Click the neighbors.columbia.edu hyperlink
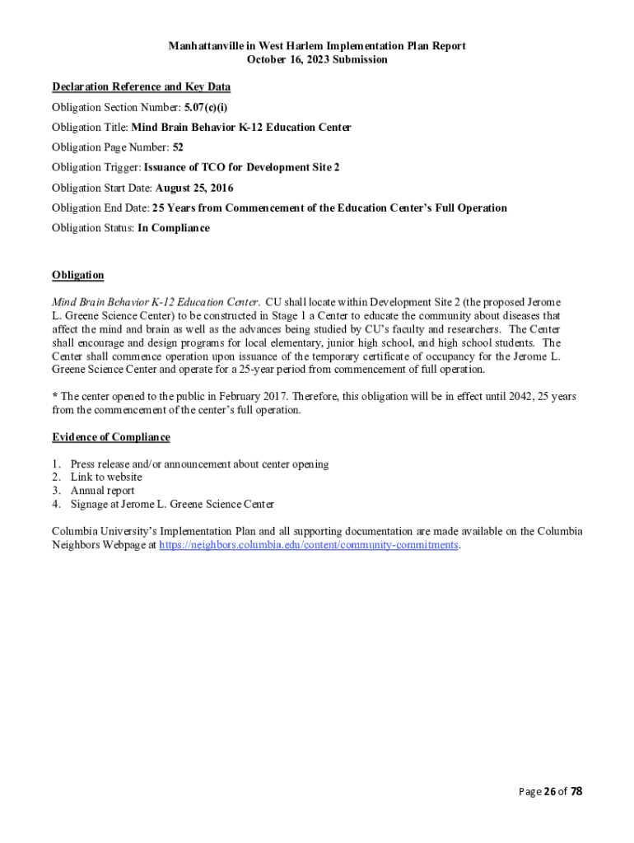tap(309, 545)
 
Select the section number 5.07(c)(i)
tap(206, 108)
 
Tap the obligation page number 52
tap(178, 147)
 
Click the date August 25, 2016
tap(194, 188)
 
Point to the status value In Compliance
tap(174, 228)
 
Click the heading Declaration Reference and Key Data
tap(141, 87)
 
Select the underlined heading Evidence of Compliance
tap(110, 437)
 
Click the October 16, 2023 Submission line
tap(317, 60)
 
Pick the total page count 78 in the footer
tap(576, 792)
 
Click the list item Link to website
tap(106, 477)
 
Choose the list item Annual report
tap(102, 491)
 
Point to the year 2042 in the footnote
tap(517, 396)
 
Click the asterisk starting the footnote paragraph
tap(54, 396)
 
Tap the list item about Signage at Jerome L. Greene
tap(172, 504)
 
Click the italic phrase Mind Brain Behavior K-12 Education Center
tap(156, 302)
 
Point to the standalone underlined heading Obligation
tap(78, 275)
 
